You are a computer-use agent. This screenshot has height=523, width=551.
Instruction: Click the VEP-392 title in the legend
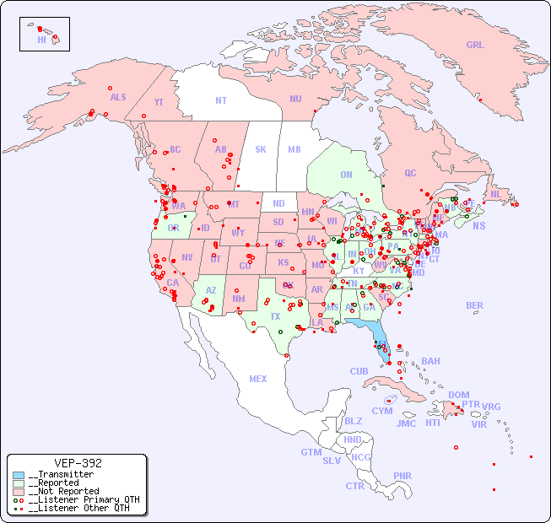pyautogui.click(x=78, y=463)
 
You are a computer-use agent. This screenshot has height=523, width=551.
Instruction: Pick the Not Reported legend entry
pyautogui.click(x=63, y=491)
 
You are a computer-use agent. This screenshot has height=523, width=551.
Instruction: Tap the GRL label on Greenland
pyautogui.click(x=475, y=46)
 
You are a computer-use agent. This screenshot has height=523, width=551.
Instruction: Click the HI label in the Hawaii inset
pyautogui.click(x=41, y=40)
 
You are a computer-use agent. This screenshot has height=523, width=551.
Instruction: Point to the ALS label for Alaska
pyautogui.click(x=118, y=97)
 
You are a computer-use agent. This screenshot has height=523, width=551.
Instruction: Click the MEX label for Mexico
pyautogui.click(x=258, y=379)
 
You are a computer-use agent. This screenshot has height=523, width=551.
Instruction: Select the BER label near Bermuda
pyautogui.click(x=475, y=305)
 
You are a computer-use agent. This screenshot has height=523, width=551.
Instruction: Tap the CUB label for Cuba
pyautogui.click(x=359, y=371)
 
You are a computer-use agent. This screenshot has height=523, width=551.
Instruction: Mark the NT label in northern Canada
pyautogui.click(x=221, y=100)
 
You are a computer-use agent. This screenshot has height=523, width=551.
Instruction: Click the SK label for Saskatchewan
pyautogui.click(x=261, y=149)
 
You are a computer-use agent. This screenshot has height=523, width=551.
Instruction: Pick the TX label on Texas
pyautogui.click(x=275, y=316)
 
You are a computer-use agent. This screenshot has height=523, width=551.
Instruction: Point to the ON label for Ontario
pyautogui.click(x=346, y=175)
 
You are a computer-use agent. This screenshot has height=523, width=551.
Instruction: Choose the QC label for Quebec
pyautogui.click(x=410, y=173)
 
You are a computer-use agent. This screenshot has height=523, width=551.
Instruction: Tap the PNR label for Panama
pyautogui.click(x=402, y=476)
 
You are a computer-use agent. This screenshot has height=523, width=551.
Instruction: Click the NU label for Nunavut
pyautogui.click(x=295, y=99)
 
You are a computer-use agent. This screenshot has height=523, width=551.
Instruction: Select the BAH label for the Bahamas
pyautogui.click(x=430, y=361)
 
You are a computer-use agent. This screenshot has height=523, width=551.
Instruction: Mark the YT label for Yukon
pyautogui.click(x=159, y=102)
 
